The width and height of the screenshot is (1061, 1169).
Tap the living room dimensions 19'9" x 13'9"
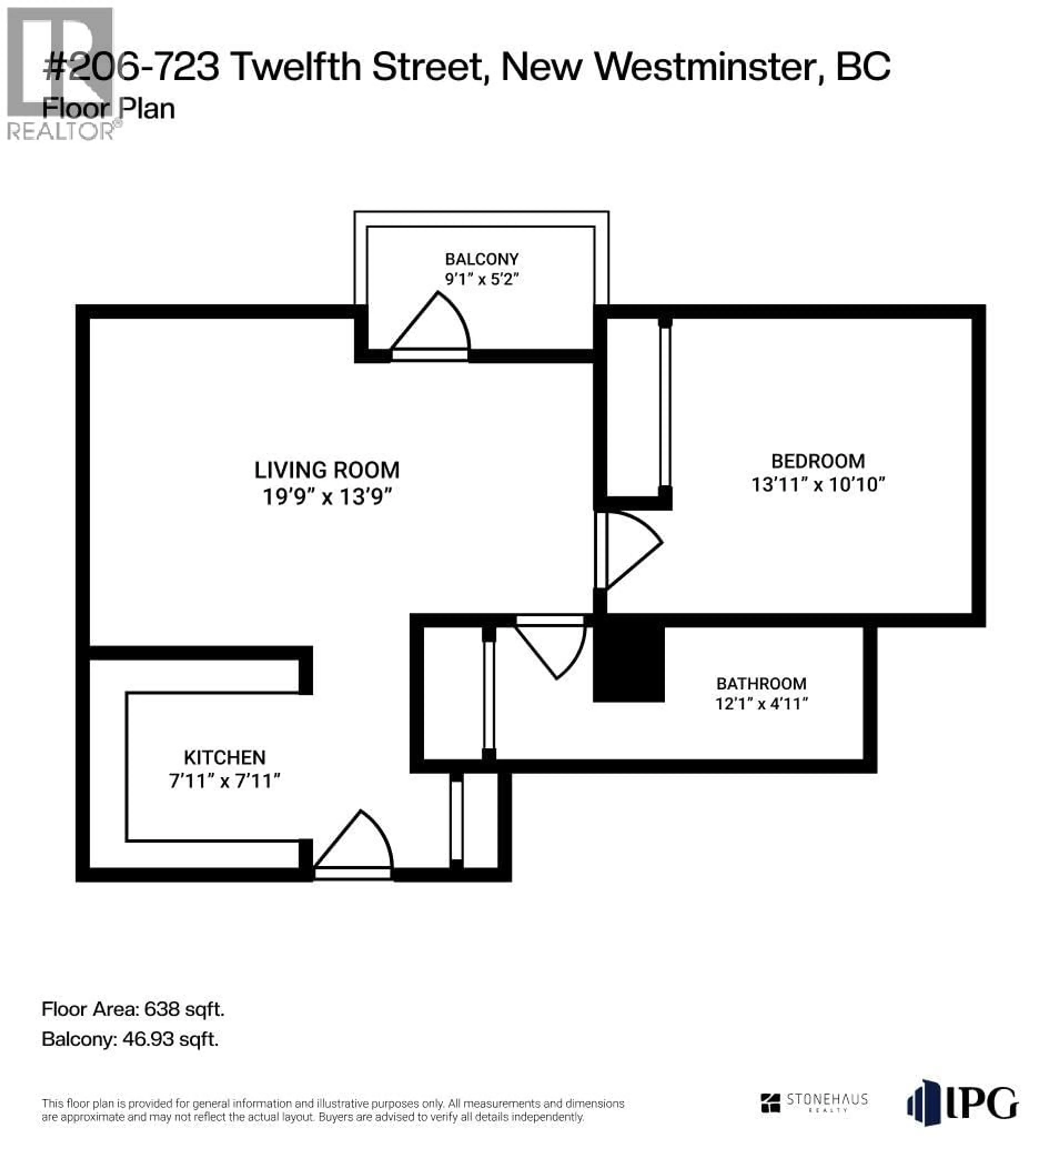pyautogui.click(x=328, y=497)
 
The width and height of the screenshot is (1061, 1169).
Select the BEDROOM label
pyautogui.click(x=818, y=462)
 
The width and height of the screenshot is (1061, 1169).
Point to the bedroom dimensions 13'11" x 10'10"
pyautogui.click(x=818, y=484)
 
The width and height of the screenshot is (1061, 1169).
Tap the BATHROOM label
pyautogui.click(x=761, y=684)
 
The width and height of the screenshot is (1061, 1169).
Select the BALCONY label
pyautogui.click(x=482, y=259)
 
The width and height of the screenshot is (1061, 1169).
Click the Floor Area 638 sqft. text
pyautogui.click(x=133, y=1010)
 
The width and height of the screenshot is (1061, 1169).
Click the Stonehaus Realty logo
pyautogui.click(x=814, y=1102)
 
